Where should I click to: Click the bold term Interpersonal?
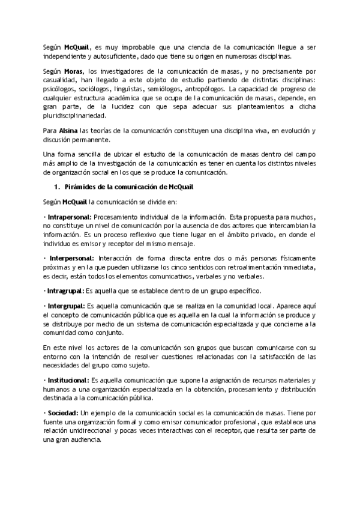coord(68,257)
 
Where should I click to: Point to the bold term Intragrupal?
coord(65,291)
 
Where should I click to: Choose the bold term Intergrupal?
coord(66,306)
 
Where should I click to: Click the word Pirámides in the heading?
coord(79,187)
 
